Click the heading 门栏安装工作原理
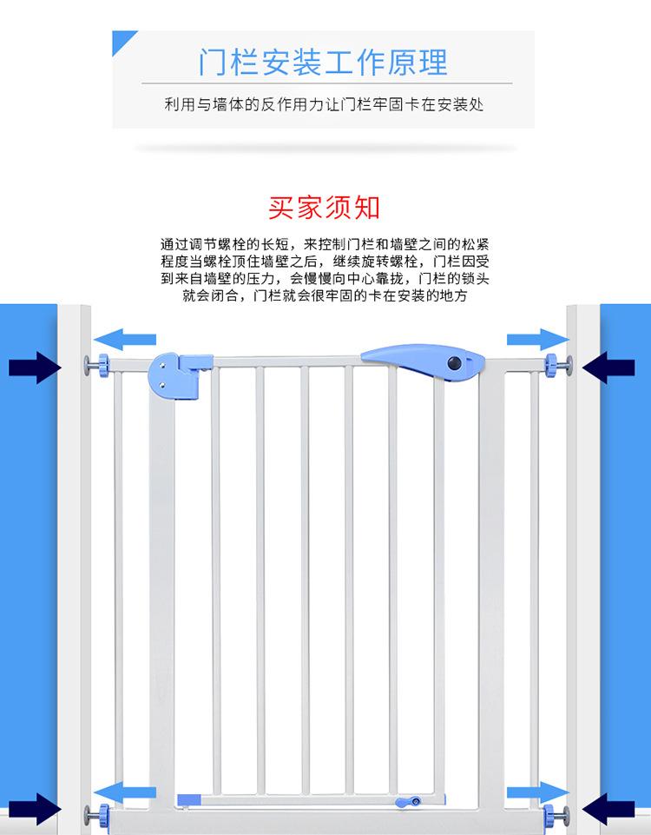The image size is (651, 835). point(323,62)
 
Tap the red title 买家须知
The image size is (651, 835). point(324,208)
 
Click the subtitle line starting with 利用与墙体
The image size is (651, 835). point(323,104)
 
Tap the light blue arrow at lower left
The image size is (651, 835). point(126,791)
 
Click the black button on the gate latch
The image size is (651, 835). point(453,363)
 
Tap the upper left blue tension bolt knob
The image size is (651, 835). point(102,366)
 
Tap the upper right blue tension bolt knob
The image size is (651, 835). point(551,365)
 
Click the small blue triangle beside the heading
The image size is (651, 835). point(125,39)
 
